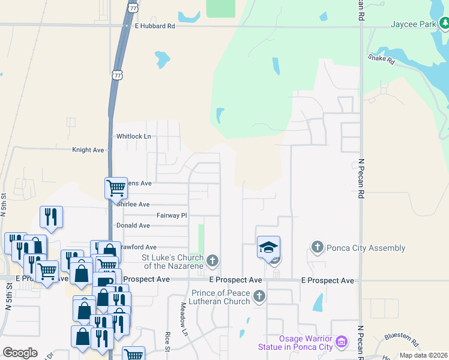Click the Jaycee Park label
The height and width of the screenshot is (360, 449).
coord(412,25)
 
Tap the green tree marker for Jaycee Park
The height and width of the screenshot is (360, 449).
coord(444,24)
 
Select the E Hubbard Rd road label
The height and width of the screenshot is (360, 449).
coord(155,26)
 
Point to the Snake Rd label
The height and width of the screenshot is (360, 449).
coord(381,59)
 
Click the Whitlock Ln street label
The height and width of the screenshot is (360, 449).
coord(134,137)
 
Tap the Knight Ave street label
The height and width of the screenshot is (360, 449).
coord(89,150)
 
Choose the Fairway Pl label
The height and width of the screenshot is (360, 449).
coord(172,215)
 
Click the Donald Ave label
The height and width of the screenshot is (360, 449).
coord(132,226)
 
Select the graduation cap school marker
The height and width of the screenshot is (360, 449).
coord(268,247)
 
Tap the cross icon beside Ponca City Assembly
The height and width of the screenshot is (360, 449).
coord(318,247)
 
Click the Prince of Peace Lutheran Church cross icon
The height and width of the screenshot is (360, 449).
coord(259,296)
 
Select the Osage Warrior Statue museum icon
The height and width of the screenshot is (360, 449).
coord(341,343)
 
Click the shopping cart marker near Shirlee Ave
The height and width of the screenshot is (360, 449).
coord(115,188)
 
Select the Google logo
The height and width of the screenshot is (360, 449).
coord(20,352)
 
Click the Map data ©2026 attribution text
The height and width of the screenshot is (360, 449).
coord(423,355)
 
